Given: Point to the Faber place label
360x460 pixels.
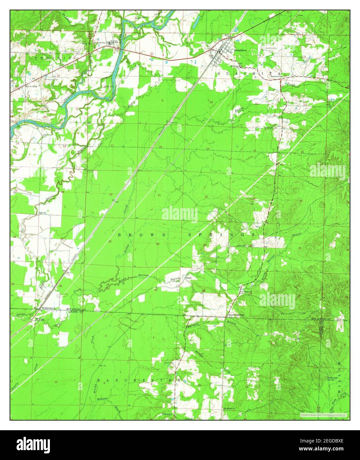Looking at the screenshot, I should click(x=188, y=278).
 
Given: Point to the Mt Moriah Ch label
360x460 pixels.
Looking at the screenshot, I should click(x=230, y=408).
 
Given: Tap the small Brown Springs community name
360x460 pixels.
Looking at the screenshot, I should click(x=236, y=315).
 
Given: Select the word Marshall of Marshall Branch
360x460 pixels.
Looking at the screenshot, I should click(x=191, y=326).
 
